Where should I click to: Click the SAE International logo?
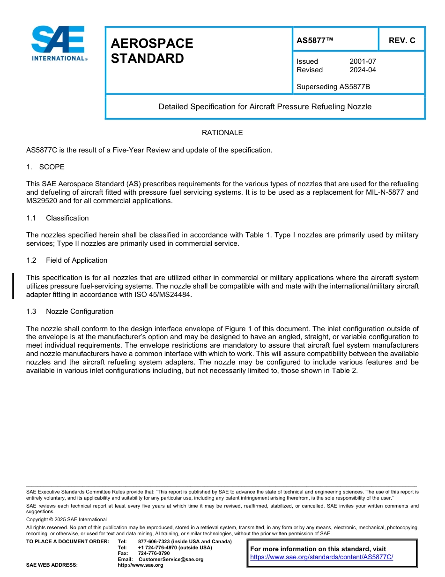coord(59,43)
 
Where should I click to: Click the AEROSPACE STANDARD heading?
coord(152,51)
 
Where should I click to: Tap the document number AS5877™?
coord(315,40)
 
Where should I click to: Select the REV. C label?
coord(401,40)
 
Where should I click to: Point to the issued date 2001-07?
coord(363,61)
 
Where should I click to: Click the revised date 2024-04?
coord(363,70)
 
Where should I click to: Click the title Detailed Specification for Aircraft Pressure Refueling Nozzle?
coord(265,106)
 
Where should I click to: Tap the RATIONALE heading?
coord(222,133)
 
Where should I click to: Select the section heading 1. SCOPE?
coord(45,167)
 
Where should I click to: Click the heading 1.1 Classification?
coord(58,218)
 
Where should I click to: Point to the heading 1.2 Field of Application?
coord(67,260)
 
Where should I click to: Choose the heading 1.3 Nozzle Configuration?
coord(70,311)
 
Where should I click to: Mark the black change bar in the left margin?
coord(13,286)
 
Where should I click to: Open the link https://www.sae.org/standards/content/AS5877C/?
coord(321,557)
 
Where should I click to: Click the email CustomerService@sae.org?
coord(171,559)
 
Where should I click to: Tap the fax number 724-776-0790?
coord(154,553)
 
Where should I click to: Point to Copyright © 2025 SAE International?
coord(67,519)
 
